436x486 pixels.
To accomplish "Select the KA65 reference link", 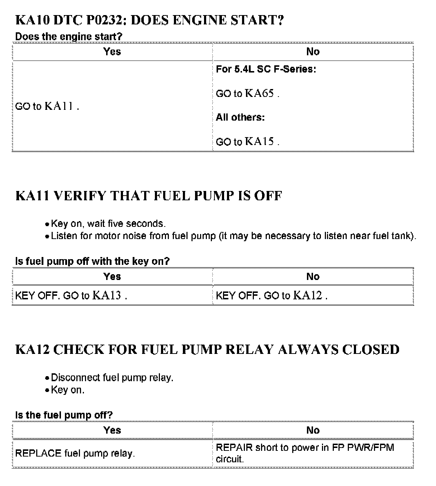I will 260,93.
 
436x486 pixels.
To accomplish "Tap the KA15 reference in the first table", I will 260,141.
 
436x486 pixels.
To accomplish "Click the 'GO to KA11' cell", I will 47,106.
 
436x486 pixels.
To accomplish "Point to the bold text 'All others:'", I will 240,117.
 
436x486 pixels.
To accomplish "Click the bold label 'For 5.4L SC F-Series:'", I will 266,69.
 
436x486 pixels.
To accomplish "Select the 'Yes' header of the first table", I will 112,52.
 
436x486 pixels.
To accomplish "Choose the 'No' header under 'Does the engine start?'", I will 313,52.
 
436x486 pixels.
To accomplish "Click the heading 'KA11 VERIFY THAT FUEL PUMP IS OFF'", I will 149,196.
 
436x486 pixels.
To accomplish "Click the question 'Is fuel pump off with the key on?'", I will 92,261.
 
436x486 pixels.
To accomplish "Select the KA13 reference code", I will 107,295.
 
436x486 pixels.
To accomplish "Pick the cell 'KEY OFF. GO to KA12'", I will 271,295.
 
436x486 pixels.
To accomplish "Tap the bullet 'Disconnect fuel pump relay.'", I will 112,378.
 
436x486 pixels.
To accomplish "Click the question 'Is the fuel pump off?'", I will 64,415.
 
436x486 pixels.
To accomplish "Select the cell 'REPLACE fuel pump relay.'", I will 75,453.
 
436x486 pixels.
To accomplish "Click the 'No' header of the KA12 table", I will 313,430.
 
